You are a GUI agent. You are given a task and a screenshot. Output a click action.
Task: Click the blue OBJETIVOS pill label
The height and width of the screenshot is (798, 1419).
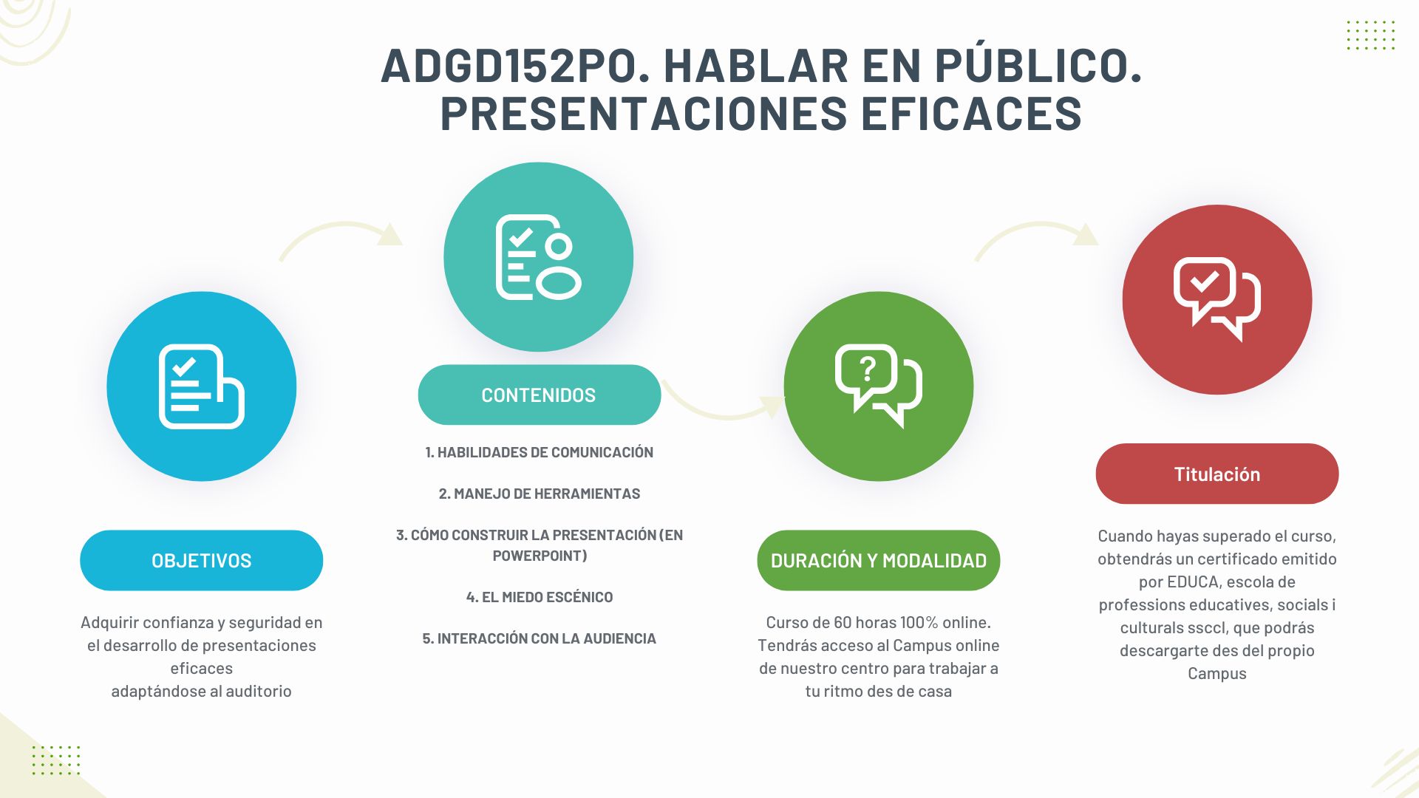[201, 560]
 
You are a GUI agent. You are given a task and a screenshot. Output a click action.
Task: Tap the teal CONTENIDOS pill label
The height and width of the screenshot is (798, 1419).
[539, 395]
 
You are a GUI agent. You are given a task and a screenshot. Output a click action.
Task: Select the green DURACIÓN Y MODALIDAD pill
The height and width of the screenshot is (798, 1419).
[878, 560]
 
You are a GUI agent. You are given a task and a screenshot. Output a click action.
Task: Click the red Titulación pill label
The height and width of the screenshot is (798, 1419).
[1216, 474]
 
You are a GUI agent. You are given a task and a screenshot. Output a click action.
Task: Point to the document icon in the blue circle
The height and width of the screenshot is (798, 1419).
[201, 386]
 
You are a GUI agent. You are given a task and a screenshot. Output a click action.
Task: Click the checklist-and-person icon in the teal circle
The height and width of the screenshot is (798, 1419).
[538, 257]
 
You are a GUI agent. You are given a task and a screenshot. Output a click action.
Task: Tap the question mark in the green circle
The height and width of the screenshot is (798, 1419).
[868, 368]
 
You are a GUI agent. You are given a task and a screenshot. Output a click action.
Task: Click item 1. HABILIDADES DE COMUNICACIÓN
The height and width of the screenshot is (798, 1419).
[539, 452]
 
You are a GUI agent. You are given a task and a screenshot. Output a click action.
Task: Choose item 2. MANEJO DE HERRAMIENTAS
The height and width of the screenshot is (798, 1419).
[539, 494]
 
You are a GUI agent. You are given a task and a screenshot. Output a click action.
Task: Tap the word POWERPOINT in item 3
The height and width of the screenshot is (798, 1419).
[540, 556]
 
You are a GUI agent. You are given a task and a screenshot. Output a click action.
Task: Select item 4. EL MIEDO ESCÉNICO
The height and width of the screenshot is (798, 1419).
[539, 597]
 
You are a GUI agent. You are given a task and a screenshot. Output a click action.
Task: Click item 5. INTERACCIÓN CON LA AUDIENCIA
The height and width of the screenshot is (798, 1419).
[539, 638]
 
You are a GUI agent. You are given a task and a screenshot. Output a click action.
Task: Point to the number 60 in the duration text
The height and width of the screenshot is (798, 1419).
[843, 622]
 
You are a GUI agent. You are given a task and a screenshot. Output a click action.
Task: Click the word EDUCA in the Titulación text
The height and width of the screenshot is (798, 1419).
[1193, 582]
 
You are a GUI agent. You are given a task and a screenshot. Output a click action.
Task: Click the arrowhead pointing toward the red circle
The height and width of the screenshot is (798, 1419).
[1085, 234]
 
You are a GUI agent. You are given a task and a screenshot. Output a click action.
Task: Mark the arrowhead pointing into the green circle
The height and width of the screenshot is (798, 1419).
[773, 406]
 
